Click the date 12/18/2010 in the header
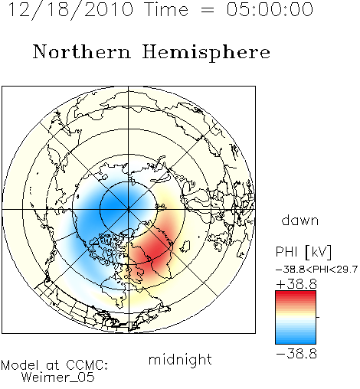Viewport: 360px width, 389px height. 70,9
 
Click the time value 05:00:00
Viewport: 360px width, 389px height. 270,9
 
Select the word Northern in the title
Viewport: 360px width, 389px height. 82,51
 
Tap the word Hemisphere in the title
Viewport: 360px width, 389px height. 206,52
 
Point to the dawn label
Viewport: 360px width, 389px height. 299,220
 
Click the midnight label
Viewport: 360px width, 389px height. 180,360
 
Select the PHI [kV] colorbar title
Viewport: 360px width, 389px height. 304,252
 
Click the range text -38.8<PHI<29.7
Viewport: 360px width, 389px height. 316,270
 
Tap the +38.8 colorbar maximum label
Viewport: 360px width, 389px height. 296,284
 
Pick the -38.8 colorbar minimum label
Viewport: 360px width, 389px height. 296,354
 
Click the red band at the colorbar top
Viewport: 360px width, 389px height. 296,294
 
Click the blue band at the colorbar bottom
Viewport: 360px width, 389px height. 296,341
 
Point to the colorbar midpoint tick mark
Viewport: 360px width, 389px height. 318,317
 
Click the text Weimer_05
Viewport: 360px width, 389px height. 58,377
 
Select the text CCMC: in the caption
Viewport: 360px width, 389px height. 87,364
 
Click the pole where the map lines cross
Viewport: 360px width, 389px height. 129,209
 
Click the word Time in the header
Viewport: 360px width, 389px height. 166,9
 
